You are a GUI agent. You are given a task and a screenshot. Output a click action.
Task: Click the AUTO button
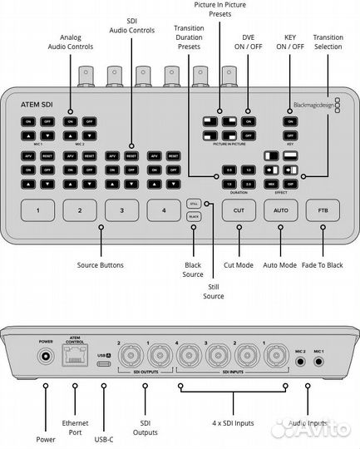click(x=280, y=210)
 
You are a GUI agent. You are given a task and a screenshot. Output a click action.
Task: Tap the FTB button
click(x=323, y=210)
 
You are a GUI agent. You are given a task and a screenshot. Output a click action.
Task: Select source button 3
click(x=121, y=210)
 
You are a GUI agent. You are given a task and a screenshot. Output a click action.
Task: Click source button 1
click(x=37, y=210)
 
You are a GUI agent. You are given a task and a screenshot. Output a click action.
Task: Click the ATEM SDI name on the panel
click(x=37, y=106)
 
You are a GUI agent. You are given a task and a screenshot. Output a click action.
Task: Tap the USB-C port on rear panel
click(x=106, y=363)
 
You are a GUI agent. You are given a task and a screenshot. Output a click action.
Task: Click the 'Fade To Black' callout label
click(x=323, y=264)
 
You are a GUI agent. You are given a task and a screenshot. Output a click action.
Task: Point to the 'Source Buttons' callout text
click(x=101, y=264)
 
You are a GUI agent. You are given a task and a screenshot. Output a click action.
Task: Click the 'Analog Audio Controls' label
click(x=71, y=42)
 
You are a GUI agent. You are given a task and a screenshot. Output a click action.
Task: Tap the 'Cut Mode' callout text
click(x=239, y=264)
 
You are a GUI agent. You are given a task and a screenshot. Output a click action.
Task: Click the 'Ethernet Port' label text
click(x=75, y=427)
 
